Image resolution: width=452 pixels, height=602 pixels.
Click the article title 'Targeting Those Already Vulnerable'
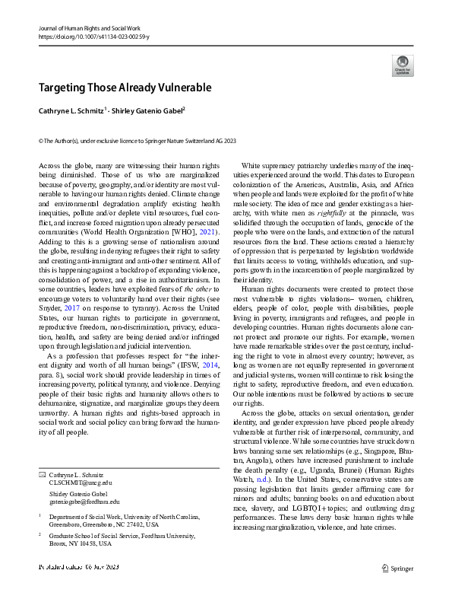coord(125,88)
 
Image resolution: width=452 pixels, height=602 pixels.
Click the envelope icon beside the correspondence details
coord(42,453)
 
